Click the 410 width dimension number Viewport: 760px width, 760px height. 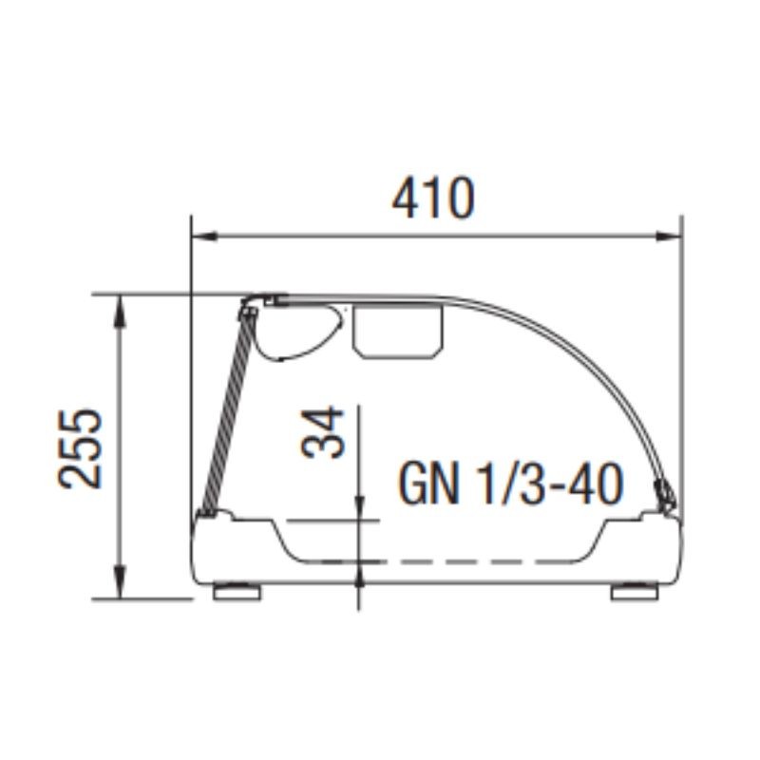pos(433,199)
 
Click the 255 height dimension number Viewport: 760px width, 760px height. pos(80,448)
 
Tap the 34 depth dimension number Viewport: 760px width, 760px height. pos(322,433)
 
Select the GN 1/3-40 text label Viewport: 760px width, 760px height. pos(510,484)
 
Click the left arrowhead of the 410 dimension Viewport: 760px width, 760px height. pos(204,237)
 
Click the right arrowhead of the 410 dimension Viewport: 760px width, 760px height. pos(669,237)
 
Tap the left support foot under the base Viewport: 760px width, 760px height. pos(237,592)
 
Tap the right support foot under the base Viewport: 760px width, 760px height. pos(635,592)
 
